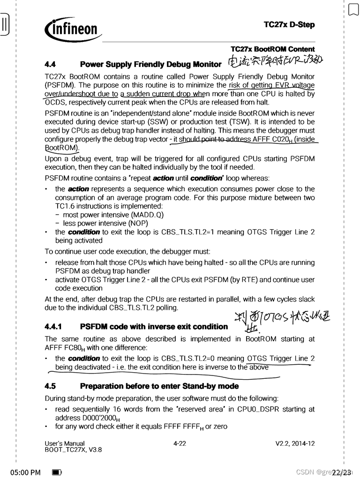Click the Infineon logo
(x=73, y=30)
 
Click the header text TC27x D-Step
(x=289, y=24)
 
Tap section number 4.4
(x=50, y=64)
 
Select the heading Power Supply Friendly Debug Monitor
(x=150, y=64)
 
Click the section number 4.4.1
(x=54, y=326)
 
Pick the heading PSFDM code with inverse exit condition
(x=154, y=326)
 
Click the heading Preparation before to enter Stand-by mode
(x=159, y=386)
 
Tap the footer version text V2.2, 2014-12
(x=295, y=443)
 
